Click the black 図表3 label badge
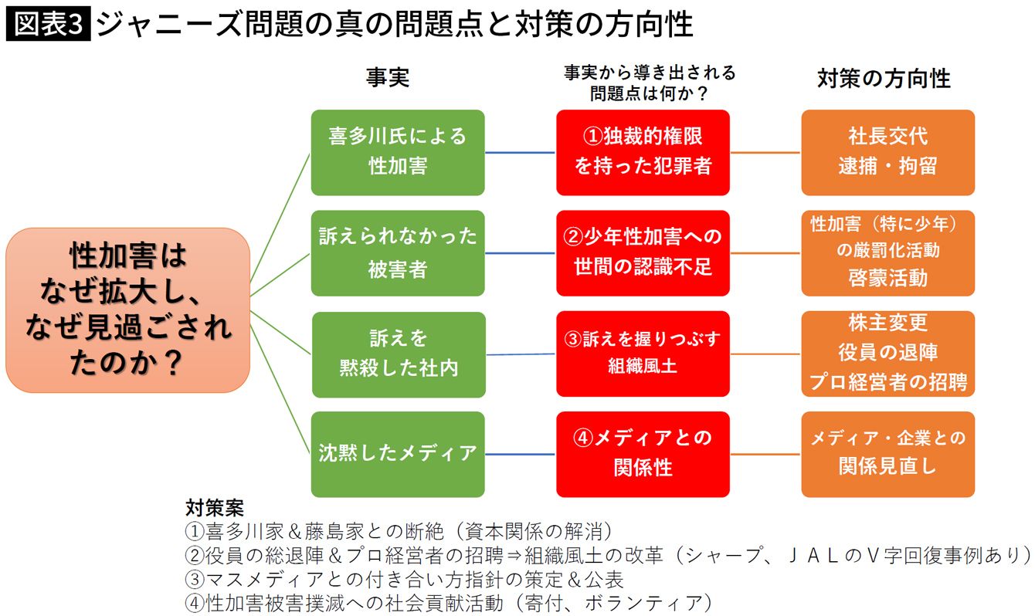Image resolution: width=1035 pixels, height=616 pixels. pyautogui.click(x=48, y=25)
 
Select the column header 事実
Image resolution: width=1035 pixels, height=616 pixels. pyautogui.click(x=387, y=77)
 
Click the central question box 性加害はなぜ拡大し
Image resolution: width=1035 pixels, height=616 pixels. pyautogui.click(x=128, y=310)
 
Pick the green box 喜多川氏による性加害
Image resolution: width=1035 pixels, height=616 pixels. pyautogui.click(x=398, y=152)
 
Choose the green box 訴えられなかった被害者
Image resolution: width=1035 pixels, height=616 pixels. pyautogui.click(x=398, y=253)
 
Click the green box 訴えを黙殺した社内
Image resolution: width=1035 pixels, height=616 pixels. pyautogui.click(x=398, y=354)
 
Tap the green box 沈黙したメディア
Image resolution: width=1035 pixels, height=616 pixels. pyautogui.click(x=398, y=454)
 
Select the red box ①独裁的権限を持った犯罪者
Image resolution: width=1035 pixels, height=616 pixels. pyautogui.click(x=643, y=152)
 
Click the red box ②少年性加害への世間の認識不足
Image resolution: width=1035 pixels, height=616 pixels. pyautogui.click(x=643, y=253)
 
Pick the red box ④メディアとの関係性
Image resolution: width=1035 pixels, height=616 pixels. pyautogui.click(x=643, y=454)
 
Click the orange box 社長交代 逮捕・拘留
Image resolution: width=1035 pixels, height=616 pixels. pyautogui.click(x=887, y=152)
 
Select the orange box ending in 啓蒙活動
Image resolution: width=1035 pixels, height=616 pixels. pyautogui.click(x=887, y=253)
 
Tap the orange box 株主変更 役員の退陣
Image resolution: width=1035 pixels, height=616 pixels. pyautogui.click(x=887, y=354)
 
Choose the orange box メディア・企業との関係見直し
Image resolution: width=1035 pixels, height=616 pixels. pyautogui.click(x=887, y=454)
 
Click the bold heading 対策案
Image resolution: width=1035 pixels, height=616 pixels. pyautogui.click(x=214, y=509)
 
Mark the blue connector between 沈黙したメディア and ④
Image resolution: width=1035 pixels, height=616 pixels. pyautogui.click(x=520, y=455)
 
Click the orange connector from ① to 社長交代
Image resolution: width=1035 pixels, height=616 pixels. pyautogui.click(x=765, y=153)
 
